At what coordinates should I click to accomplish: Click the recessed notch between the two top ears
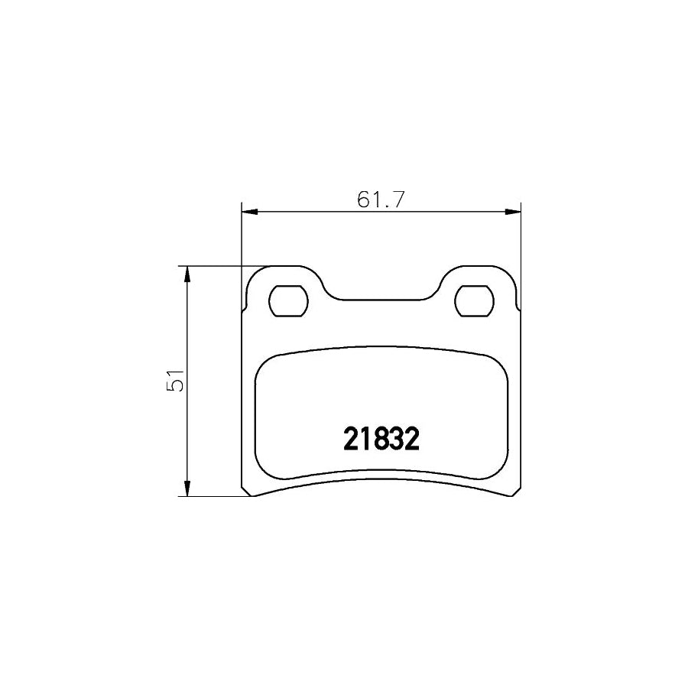pyautogui.click(x=381, y=299)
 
